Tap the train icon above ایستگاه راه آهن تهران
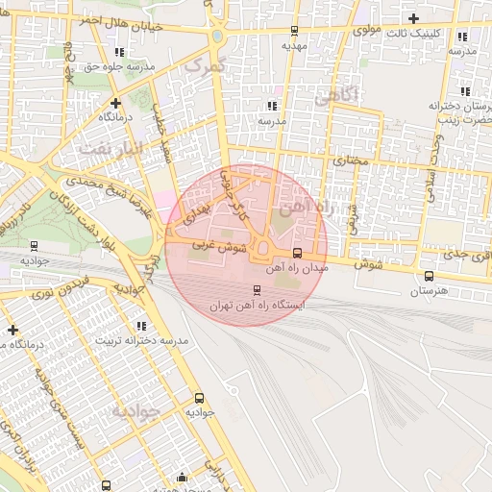[x=257, y=289]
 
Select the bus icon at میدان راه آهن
[x=296, y=254]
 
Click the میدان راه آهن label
[x=302, y=269]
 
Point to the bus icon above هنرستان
[x=429, y=277]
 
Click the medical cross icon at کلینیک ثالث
[x=413, y=18]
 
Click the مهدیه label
[x=293, y=44]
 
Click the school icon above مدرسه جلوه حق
[x=118, y=52]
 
